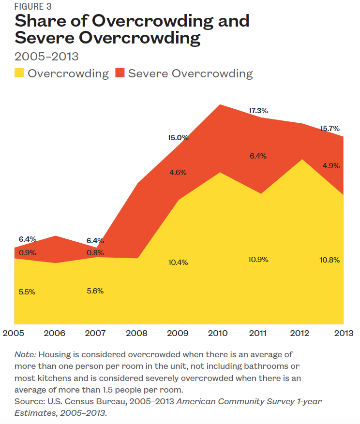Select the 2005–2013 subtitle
(46, 57)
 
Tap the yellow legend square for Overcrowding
(19, 73)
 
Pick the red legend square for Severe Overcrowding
(120, 73)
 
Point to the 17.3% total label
(258, 111)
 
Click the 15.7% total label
(330, 129)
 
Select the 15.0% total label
(179, 138)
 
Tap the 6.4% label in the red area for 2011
(258, 156)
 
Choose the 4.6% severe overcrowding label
(178, 173)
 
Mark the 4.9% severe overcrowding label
(331, 166)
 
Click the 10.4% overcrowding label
(178, 263)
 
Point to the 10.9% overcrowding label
(258, 260)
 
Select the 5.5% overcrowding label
(27, 292)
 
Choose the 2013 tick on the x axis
(343, 334)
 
